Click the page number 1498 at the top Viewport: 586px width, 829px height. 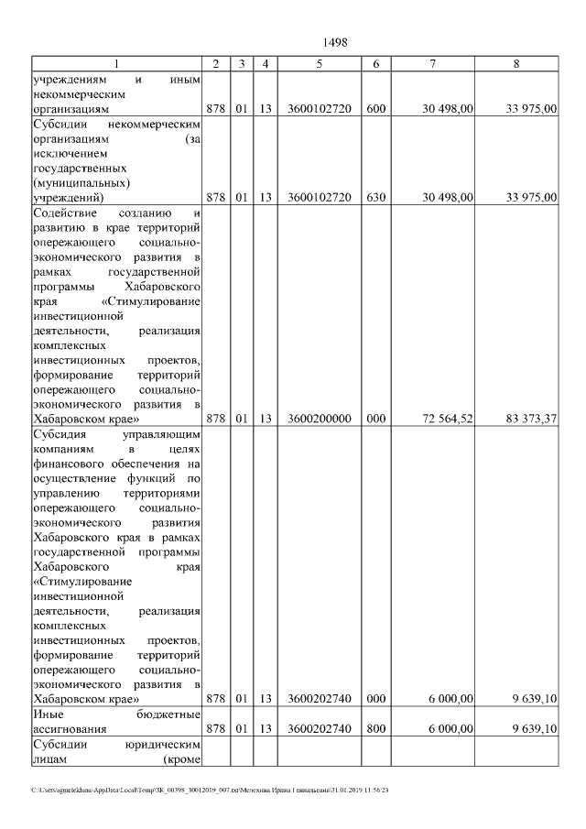pos(335,42)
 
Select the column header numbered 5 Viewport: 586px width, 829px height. pos(319,63)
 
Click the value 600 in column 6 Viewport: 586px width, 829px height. pos(375,109)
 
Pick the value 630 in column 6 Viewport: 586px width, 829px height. pos(375,197)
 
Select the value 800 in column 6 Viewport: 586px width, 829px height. pos(375,729)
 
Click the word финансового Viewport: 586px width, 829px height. pos(71,463)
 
